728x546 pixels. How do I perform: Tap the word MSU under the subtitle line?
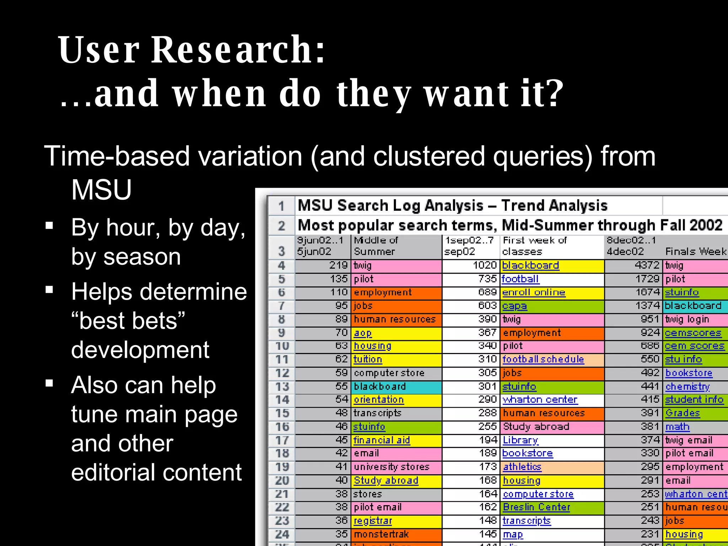tap(102, 190)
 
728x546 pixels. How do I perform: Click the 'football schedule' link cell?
tap(543, 359)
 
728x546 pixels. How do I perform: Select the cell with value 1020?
tap(485, 265)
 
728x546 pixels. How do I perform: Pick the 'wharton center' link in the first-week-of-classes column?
tap(540, 400)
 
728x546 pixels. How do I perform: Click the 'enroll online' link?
tap(533, 293)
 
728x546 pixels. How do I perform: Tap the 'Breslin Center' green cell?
tap(536, 507)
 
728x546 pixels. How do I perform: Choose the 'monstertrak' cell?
tap(381, 534)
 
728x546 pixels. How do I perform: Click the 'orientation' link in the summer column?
tap(379, 400)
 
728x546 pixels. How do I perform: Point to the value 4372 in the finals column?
tap(647, 265)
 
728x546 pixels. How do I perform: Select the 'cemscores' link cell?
tap(693, 333)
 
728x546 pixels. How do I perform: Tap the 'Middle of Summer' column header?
tap(376, 246)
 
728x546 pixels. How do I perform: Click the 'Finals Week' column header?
tap(696, 252)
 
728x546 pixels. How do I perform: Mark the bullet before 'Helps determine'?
tap(49, 290)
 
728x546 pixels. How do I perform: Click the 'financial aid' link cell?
tap(381, 440)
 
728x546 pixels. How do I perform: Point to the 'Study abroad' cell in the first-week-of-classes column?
tap(536, 427)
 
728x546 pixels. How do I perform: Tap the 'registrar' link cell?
tap(373, 521)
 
